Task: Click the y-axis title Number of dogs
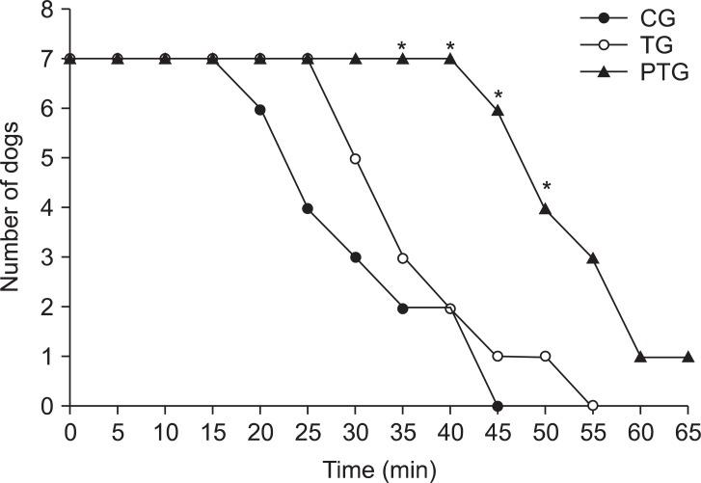[14, 203]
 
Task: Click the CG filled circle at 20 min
[260, 110]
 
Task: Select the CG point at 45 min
[498, 406]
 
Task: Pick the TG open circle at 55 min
[592, 406]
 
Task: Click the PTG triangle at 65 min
[687, 356]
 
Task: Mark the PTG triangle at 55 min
[592, 257]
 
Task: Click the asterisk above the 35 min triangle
[402, 46]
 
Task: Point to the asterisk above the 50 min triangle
[546, 187]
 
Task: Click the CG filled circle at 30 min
[355, 257]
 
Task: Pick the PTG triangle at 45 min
[498, 110]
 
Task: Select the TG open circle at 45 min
[498, 357]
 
